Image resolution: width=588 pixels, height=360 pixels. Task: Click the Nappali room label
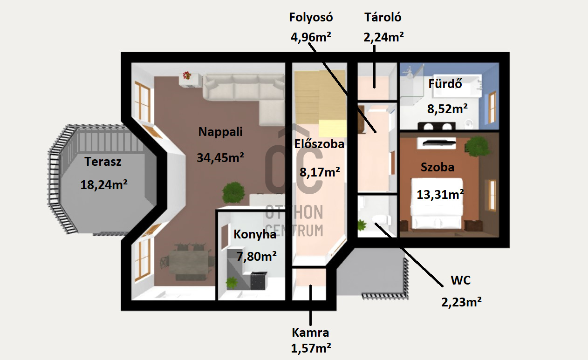(x=220, y=132)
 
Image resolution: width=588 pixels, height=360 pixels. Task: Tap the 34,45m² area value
(x=220, y=158)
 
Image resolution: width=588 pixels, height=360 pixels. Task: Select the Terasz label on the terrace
(x=103, y=162)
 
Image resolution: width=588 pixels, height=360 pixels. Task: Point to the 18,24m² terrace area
(x=104, y=185)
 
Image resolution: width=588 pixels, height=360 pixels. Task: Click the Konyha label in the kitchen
(x=255, y=235)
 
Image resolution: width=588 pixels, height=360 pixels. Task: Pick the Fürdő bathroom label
(x=445, y=84)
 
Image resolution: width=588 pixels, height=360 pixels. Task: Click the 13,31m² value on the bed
(x=440, y=194)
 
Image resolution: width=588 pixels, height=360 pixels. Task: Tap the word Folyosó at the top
(x=311, y=18)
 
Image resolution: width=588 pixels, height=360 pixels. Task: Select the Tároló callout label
(x=383, y=18)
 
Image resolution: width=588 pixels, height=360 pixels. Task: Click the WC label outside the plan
(x=460, y=280)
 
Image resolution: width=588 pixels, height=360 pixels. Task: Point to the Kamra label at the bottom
(x=310, y=333)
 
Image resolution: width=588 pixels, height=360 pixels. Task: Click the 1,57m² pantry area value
(x=311, y=348)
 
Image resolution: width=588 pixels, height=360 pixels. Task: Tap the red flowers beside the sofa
(x=187, y=75)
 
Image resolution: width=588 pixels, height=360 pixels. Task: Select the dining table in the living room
(x=188, y=262)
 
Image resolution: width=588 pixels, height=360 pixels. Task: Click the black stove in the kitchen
(x=259, y=281)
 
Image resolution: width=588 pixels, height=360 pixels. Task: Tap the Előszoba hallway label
(x=319, y=144)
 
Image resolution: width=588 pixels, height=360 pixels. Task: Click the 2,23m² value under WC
(x=461, y=302)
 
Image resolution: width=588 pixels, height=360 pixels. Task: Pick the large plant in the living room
(x=233, y=192)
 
